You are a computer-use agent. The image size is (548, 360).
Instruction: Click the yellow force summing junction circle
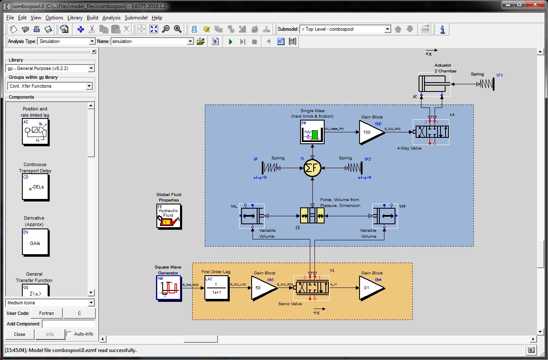[x=312, y=168]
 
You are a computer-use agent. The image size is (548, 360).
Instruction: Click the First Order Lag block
[x=218, y=288]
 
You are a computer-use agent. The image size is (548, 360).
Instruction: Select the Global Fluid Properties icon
[x=169, y=216]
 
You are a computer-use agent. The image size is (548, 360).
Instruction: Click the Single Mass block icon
[x=312, y=132]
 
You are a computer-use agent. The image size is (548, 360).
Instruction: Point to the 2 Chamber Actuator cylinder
[x=434, y=84]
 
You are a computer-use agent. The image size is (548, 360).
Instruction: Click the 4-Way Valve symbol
[x=431, y=132]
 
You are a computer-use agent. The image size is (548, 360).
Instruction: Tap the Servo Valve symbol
[x=311, y=287]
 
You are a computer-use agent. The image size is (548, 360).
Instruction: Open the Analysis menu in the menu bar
[x=111, y=18]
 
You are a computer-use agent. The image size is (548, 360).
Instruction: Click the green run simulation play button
[x=231, y=41]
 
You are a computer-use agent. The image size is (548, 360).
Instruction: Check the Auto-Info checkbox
[x=69, y=334]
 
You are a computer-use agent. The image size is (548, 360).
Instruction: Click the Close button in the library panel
[x=19, y=334]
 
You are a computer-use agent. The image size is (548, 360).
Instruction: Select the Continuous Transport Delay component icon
[x=35, y=188]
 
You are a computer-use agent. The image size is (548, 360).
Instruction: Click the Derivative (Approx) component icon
[x=35, y=242]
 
